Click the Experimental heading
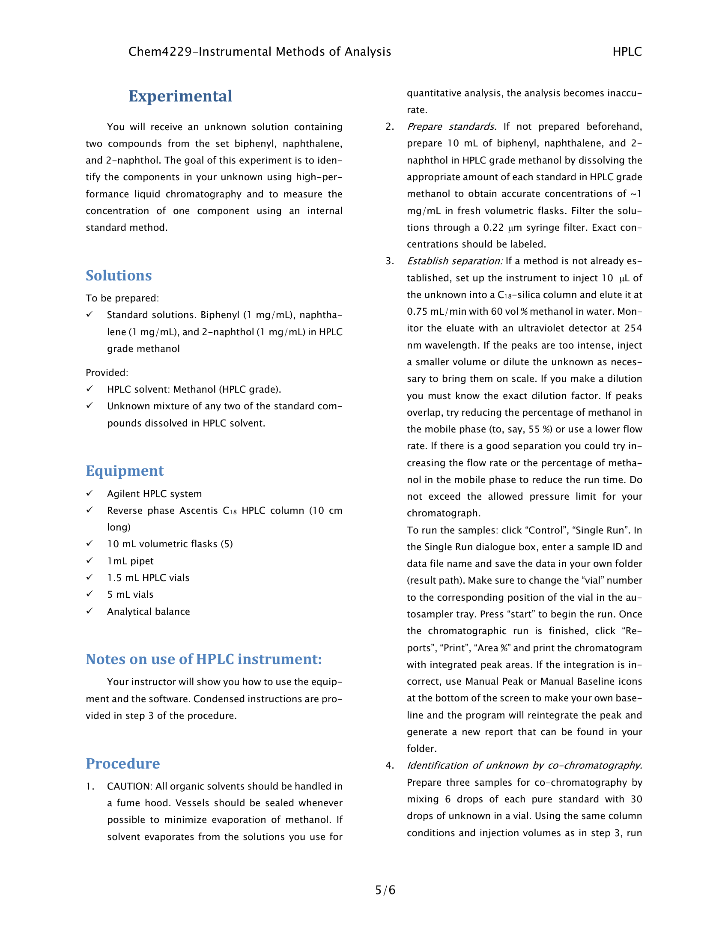[180, 96]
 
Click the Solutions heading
[119, 275]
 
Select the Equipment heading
[125, 471]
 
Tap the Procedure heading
[122, 763]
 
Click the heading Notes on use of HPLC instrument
[203, 659]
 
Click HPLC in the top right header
[627, 52]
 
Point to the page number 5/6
[385, 890]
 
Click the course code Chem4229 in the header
[160, 52]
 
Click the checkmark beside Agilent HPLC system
[89, 493]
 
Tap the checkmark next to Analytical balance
[89, 611]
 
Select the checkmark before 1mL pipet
[89, 560]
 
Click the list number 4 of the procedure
[389, 766]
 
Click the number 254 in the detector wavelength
[633, 328]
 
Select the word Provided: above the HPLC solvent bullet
[107, 373]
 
